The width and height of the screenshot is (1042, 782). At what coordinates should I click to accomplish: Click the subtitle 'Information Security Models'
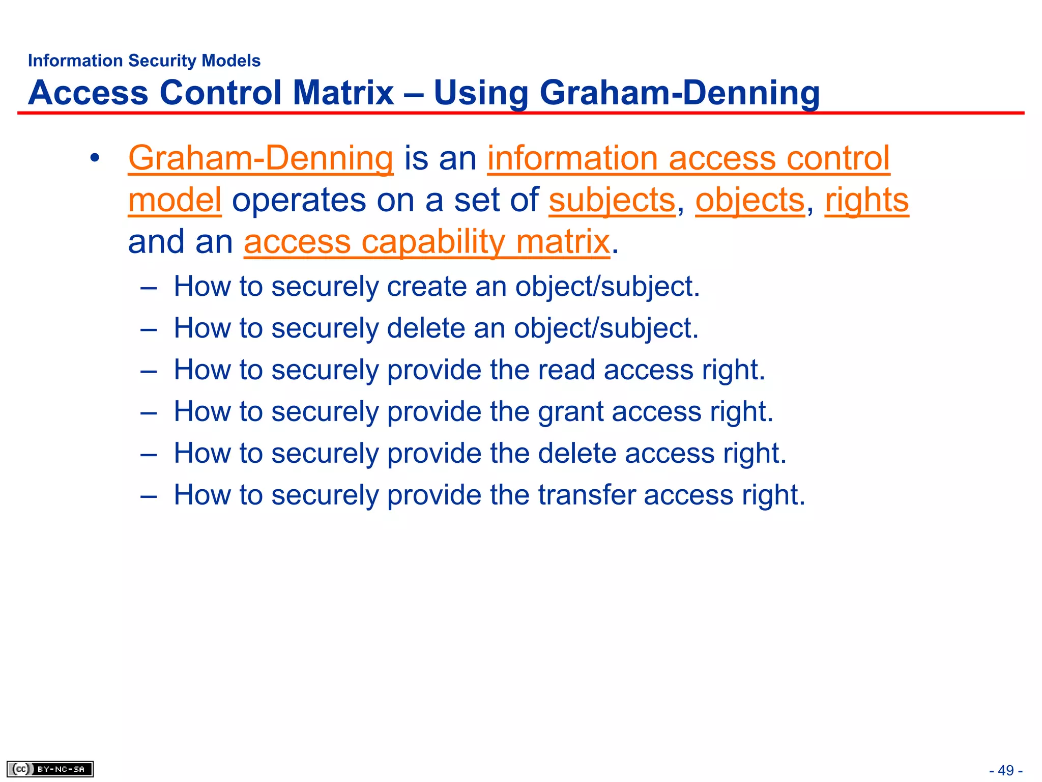pyautogui.click(x=144, y=61)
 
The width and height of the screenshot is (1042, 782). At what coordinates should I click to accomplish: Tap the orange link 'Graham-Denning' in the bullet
pyautogui.click(x=260, y=158)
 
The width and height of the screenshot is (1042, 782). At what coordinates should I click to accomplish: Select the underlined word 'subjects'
pyautogui.click(x=612, y=200)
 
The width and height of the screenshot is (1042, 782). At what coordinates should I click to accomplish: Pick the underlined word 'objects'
pyautogui.click(x=750, y=200)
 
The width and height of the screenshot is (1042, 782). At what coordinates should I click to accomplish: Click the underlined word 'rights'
pyautogui.click(x=866, y=200)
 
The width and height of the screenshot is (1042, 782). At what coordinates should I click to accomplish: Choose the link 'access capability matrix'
pyautogui.click(x=426, y=241)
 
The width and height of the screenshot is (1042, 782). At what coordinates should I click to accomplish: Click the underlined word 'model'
pyautogui.click(x=175, y=200)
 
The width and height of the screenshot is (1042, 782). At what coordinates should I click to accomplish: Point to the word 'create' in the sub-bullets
pyautogui.click(x=426, y=286)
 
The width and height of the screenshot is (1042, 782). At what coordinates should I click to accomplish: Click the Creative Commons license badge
pyautogui.click(x=50, y=769)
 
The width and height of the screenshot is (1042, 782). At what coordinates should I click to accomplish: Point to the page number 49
pyautogui.click(x=1005, y=770)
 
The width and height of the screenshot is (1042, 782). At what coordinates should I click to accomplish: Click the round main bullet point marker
pyautogui.click(x=94, y=158)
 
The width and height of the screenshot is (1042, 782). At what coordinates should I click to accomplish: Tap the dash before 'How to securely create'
pyautogui.click(x=148, y=287)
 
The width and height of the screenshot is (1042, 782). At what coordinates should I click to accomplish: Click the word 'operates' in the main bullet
pyautogui.click(x=299, y=200)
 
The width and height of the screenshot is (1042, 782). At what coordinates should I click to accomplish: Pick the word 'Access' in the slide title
pyautogui.click(x=88, y=93)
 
